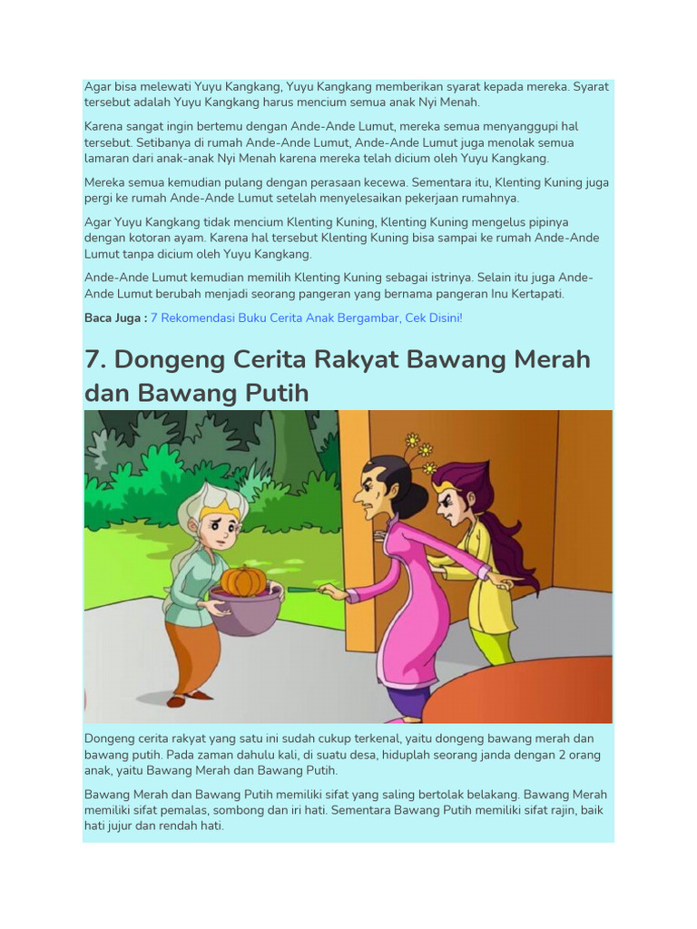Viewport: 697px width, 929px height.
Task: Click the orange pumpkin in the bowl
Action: coord(243,580)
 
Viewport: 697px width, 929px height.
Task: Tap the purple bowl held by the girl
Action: coord(245,611)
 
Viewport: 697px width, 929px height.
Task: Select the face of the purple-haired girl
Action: coord(451,504)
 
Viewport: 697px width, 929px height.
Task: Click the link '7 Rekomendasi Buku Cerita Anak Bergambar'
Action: coord(307,318)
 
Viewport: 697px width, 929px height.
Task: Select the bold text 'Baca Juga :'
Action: coord(115,318)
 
